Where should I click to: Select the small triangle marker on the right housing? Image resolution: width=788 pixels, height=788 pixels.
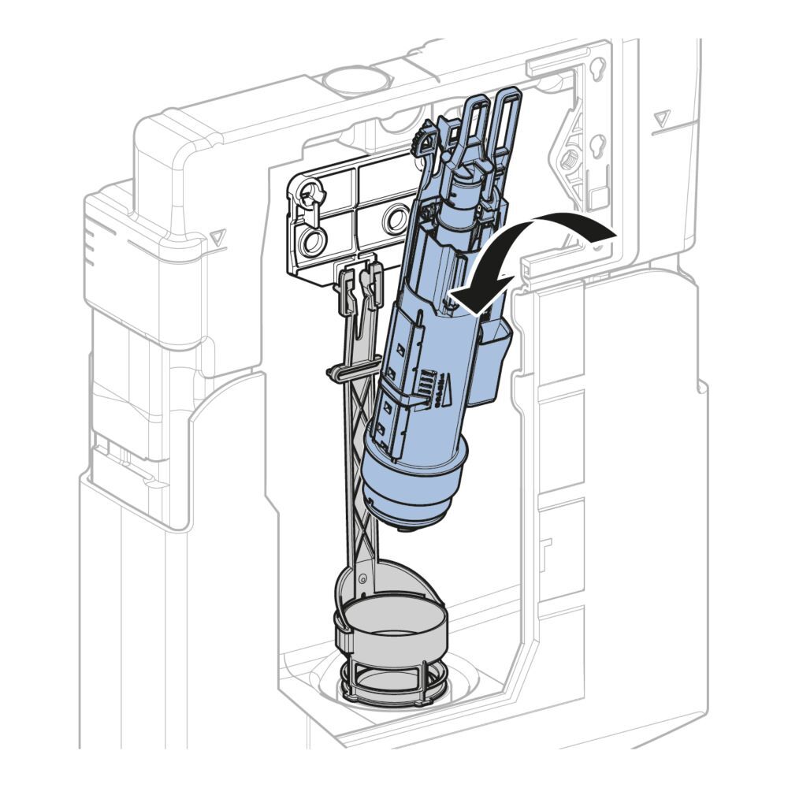(x=660, y=120)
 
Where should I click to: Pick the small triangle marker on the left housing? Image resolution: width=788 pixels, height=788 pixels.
(x=217, y=236)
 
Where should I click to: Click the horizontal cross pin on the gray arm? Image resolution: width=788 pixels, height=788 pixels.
(x=344, y=370)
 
